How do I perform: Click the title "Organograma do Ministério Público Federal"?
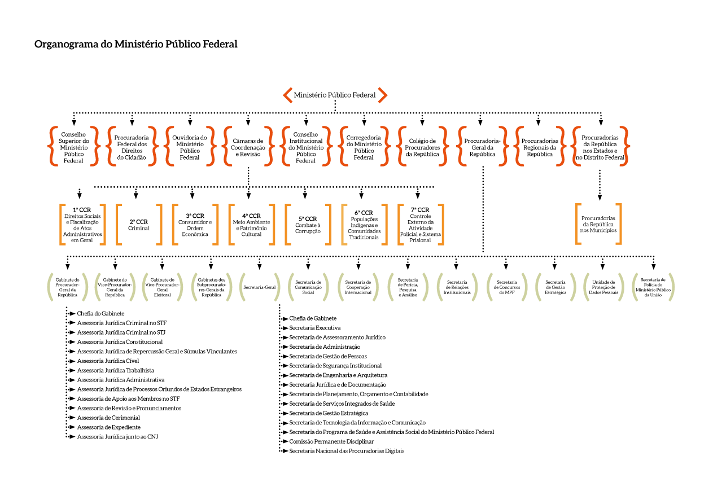click(x=136, y=44)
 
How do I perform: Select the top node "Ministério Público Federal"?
click(x=335, y=95)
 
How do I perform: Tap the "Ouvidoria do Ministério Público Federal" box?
click(x=190, y=147)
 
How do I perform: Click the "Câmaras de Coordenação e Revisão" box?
click(x=248, y=147)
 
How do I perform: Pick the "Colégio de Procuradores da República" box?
click(x=422, y=147)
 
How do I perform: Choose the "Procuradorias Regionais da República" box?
click(x=540, y=147)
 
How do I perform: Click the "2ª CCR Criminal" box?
click(x=138, y=225)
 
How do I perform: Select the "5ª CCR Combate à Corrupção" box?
click(x=308, y=225)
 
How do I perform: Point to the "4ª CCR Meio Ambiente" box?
click(x=251, y=225)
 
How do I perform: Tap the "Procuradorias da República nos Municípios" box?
click(x=598, y=224)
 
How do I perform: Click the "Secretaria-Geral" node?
click(x=260, y=287)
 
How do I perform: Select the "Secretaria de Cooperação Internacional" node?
click(x=358, y=287)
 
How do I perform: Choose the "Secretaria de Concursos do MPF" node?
click(x=507, y=287)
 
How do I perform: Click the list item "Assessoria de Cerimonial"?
click(x=108, y=418)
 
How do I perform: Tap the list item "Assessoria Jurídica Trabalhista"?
click(x=115, y=370)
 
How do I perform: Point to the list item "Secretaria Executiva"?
click(x=314, y=328)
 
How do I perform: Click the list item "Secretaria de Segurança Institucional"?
click(x=335, y=366)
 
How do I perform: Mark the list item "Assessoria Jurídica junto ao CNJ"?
click(x=117, y=437)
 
